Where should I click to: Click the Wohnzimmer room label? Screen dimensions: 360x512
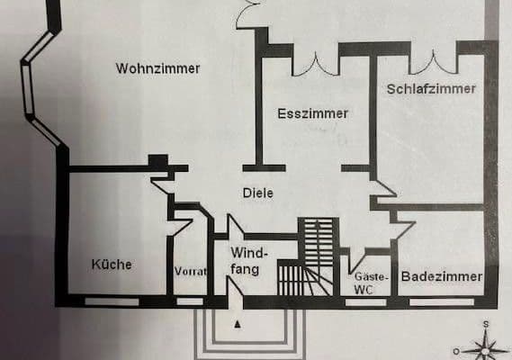click(157, 68)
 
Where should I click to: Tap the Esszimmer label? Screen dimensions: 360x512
click(312, 113)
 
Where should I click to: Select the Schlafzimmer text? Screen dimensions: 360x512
click(431, 89)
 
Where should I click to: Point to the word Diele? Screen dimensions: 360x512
click(257, 193)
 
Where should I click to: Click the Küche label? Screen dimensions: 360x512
click(112, 265)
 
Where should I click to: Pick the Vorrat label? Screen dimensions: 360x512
click(190, 271)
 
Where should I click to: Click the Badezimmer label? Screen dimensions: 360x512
click(442, 277)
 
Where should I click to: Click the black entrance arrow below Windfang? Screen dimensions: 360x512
click(238, 321)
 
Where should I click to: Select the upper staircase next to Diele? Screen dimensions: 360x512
click(316, 238)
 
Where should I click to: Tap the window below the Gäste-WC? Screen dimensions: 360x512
click(365, 301)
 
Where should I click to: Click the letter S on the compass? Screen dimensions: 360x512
click(485, 324)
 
